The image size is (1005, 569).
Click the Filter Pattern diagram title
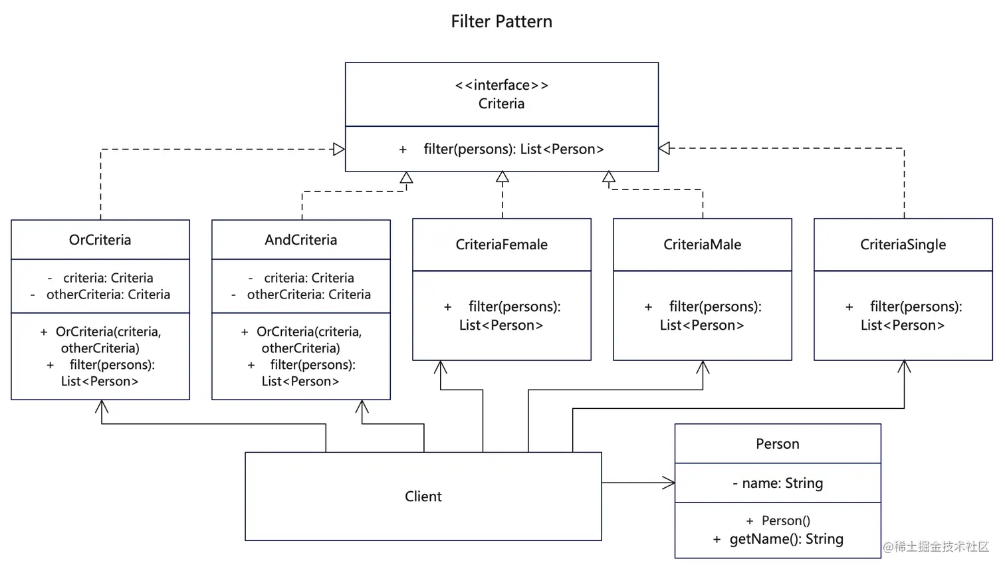tap(501, 22)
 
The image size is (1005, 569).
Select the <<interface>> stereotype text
tap(501, 85)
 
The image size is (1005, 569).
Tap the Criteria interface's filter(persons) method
tap(512, 149)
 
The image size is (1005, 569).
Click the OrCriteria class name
tap(100, 240)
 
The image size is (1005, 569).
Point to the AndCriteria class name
tap(300, 240)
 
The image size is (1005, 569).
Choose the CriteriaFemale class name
tap(501, 245)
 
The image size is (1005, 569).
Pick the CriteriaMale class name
tap(702, 245)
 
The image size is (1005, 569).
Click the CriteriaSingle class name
tap(903, 245)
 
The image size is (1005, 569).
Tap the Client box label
tap(423, 497)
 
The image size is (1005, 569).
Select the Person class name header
tap(777, 444)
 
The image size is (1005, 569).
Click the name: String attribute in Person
tap(782, 483)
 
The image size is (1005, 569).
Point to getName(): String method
tap(786, 539)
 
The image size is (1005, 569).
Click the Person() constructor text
tap(785, 520)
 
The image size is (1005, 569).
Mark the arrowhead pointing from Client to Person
tap(669, 483)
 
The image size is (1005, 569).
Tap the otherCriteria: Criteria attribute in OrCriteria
tap(108, 294)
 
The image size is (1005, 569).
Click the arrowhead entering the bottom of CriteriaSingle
tap(904, 366)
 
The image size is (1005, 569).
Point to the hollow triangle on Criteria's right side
tap(664, 148)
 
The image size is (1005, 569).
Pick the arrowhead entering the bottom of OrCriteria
tap(102, 406)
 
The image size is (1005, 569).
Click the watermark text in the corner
tap(936, 546)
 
